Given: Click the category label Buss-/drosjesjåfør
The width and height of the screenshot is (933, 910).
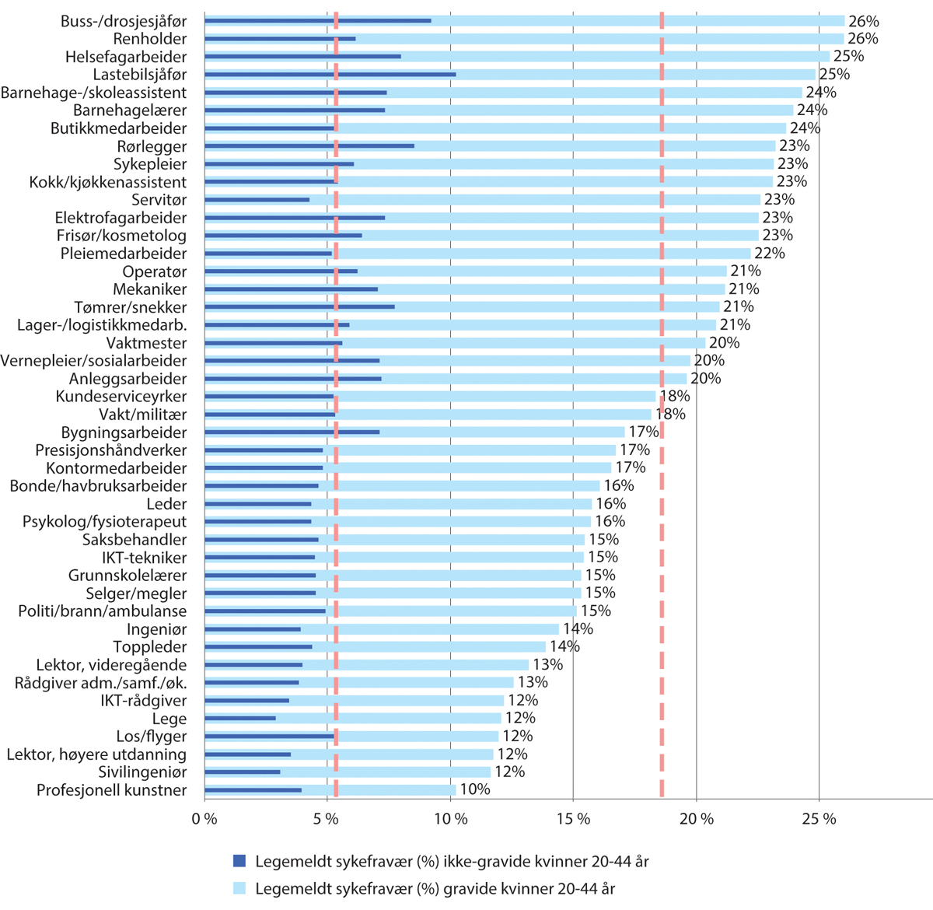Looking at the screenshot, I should [x=124, y=21].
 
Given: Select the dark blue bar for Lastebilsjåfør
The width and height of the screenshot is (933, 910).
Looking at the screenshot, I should [x=330, y=75].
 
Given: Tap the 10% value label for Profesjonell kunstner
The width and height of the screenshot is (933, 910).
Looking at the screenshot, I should [x=474, y=790].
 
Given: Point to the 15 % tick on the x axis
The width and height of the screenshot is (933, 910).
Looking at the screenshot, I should [x=573, y=819].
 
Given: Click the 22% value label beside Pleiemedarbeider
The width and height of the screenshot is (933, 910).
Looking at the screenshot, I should [x=769, y=254].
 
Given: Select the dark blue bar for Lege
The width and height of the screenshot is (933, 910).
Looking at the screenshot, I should [x=240, y=718].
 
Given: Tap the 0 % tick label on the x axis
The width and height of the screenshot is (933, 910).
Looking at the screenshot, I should [x=204, y=819].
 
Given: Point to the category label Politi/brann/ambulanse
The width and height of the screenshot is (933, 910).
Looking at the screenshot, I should [x=103, y=611].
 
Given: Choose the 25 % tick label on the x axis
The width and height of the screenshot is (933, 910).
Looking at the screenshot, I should [x=819, y=819].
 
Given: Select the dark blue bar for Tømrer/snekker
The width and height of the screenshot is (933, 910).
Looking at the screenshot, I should [x=299, y=306].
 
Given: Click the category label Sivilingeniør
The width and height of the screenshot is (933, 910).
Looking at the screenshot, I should [x=142, y=772].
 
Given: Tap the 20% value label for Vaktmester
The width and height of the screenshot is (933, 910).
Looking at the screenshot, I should [x=724, y=343].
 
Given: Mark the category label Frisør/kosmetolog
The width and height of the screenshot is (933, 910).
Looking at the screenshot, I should [x=121, y=236].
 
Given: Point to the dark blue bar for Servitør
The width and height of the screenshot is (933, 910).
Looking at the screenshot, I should [x=257, y=200].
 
